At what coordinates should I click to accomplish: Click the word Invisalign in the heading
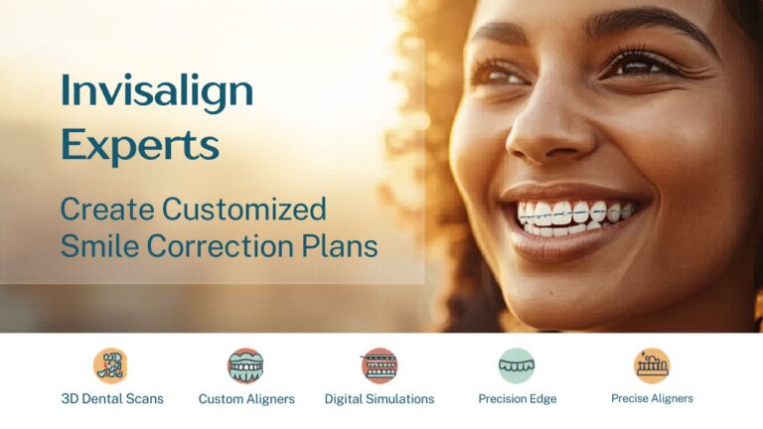(x=157, y=92)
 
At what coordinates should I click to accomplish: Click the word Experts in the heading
(x=139, y=145)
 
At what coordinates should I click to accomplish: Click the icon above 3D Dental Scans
(x=111, y=365)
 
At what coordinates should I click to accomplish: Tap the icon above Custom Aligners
(x=245, y=365)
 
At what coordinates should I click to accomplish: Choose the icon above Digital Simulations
(x=380, y=365)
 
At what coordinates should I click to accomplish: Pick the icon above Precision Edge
(x=517, y=365)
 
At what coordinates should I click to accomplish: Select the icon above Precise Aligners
(x=652, y=365)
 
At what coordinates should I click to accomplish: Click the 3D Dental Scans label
(x=112, y=399)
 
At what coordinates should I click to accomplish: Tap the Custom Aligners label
(x=246, y=399)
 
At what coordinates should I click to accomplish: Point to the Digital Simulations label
(x=380, y=399)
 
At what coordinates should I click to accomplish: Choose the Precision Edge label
(x=517, y=399)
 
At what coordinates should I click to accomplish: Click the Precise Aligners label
(x=652, y=398)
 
